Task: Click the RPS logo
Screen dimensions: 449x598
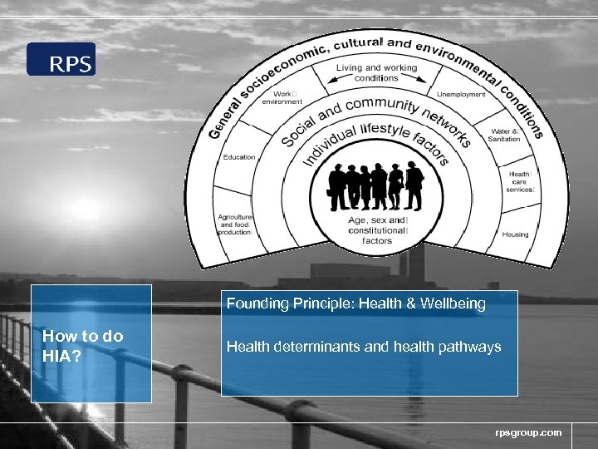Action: tap(61, 60)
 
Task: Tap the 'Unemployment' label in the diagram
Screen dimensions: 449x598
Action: tap(461, 95)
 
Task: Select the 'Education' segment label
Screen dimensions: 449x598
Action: tap(239, 157)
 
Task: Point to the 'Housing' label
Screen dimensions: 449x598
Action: tap(515, 234)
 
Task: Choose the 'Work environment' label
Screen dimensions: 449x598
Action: tap(277, 98)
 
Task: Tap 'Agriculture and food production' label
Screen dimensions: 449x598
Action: tap(235, 224)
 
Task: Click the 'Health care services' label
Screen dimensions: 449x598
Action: tap(520, 181)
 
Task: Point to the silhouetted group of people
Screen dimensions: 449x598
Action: tap(375, 185)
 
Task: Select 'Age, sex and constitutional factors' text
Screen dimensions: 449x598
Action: tap(377, 230)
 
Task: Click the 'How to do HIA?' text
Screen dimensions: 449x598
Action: tap(82, 344)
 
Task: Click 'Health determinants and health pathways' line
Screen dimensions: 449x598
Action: tap(364, 347)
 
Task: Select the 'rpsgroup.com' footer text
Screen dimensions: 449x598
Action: tap(528, 432)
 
